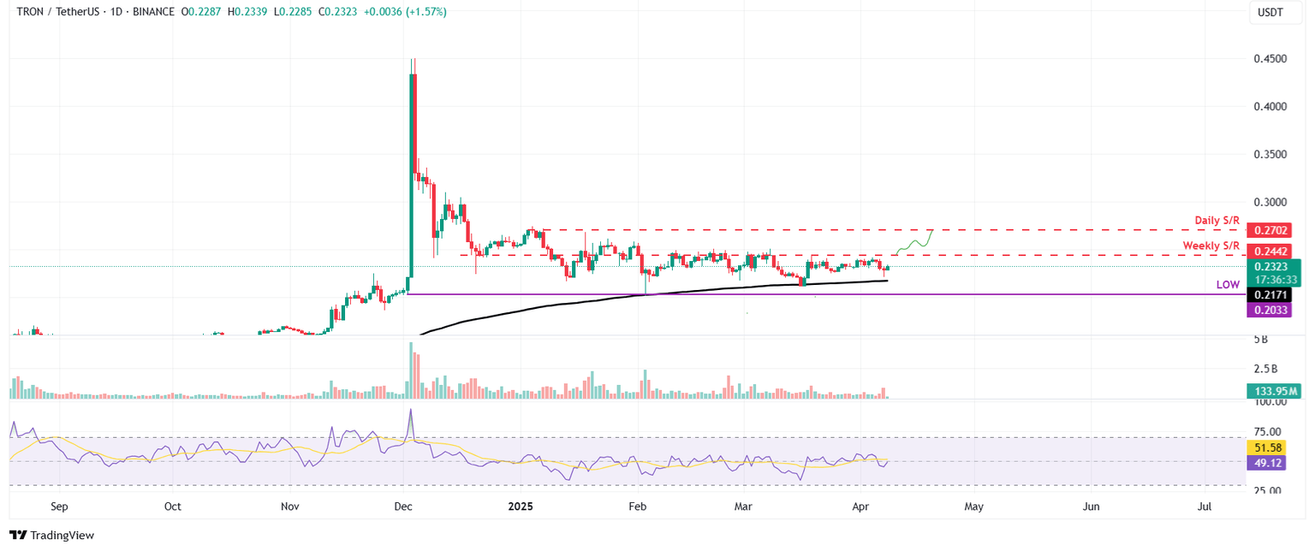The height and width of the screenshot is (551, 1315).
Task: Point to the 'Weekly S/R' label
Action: coord(1211,246)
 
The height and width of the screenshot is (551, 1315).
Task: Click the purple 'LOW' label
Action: coord(1229,284)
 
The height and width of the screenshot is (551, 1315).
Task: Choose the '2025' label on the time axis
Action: coord(521,507)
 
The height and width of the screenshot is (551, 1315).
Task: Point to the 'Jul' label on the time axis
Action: coord(1205,507)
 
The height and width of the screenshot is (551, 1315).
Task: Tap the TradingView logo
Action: coord(52,535)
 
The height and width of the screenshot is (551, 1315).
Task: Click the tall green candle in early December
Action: coord(413,171)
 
